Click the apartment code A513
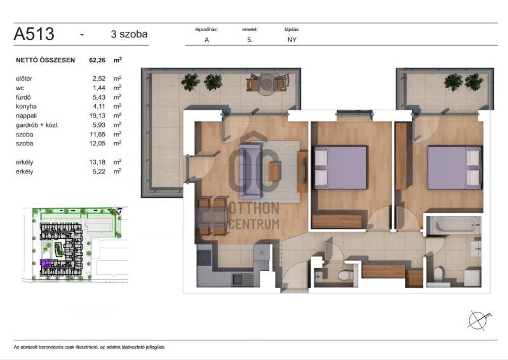34,34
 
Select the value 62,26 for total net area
97,60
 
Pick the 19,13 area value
97,116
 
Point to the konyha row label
26,106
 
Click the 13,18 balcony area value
97,162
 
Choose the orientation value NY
292,40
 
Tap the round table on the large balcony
267,84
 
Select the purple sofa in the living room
250,171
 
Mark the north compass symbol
479,320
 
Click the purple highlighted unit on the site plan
45,262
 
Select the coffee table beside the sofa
274,171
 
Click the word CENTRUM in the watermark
254,224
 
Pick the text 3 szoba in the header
129,34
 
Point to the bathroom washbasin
476,249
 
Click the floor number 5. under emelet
250,40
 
